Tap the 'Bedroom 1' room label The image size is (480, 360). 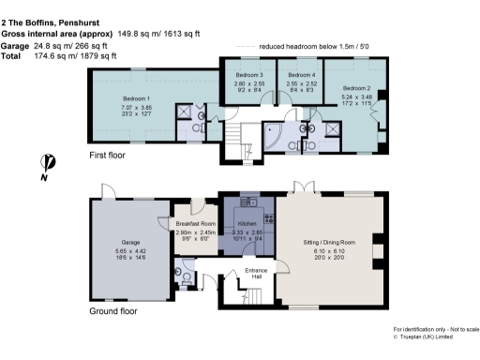tap(137, 97)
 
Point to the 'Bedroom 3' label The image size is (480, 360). tap(248, 74)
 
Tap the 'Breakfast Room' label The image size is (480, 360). tap(196, 223)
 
